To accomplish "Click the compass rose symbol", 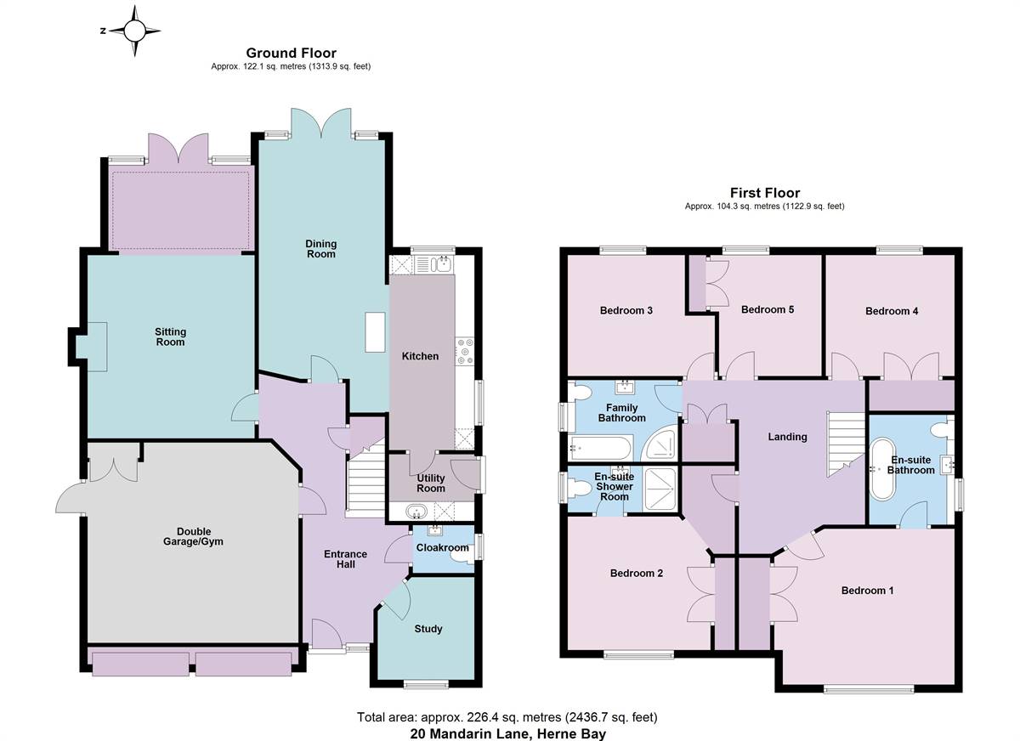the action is [135, 31].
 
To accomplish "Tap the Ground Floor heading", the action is [291, 53].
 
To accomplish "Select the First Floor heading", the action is [765, 193].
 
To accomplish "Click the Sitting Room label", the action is [170, 337].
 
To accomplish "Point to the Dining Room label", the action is [321, 249].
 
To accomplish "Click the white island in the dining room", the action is [375, 331].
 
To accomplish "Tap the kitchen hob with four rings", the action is [465, 351].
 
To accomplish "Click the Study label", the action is [428, 629].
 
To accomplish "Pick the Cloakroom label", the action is [442, 547].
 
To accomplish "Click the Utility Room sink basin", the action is [416, 512].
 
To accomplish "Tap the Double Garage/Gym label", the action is [194, 537].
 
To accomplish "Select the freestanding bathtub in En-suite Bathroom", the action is [882, 469].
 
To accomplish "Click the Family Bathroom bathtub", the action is [601, 448].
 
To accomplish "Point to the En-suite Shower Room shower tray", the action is [659, 489].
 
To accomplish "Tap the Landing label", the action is [787, 437].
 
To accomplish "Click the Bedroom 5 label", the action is [768, 309].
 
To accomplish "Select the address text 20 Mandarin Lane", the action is [470, 733].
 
